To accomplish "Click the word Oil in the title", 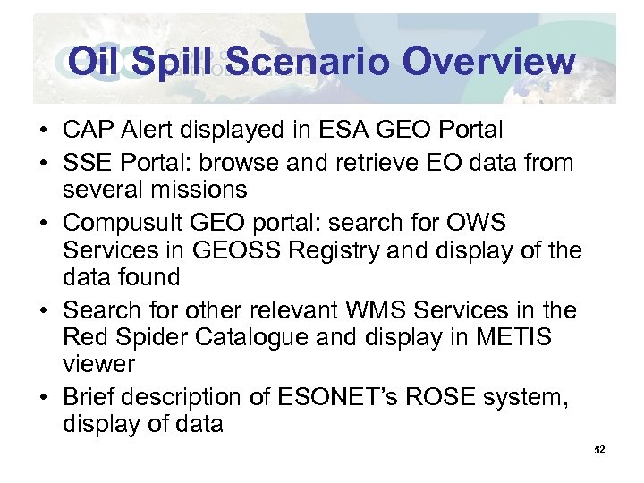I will click(x=93, y=62).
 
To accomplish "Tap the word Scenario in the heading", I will click(x=309, y=62).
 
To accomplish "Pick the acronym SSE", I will click(x=85, y=163).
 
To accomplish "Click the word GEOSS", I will click(x=242, y=250).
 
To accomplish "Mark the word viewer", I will click(x=98, y=366).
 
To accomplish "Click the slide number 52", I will click(x=599, y=450).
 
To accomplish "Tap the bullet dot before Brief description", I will click(x=44, y=396).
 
